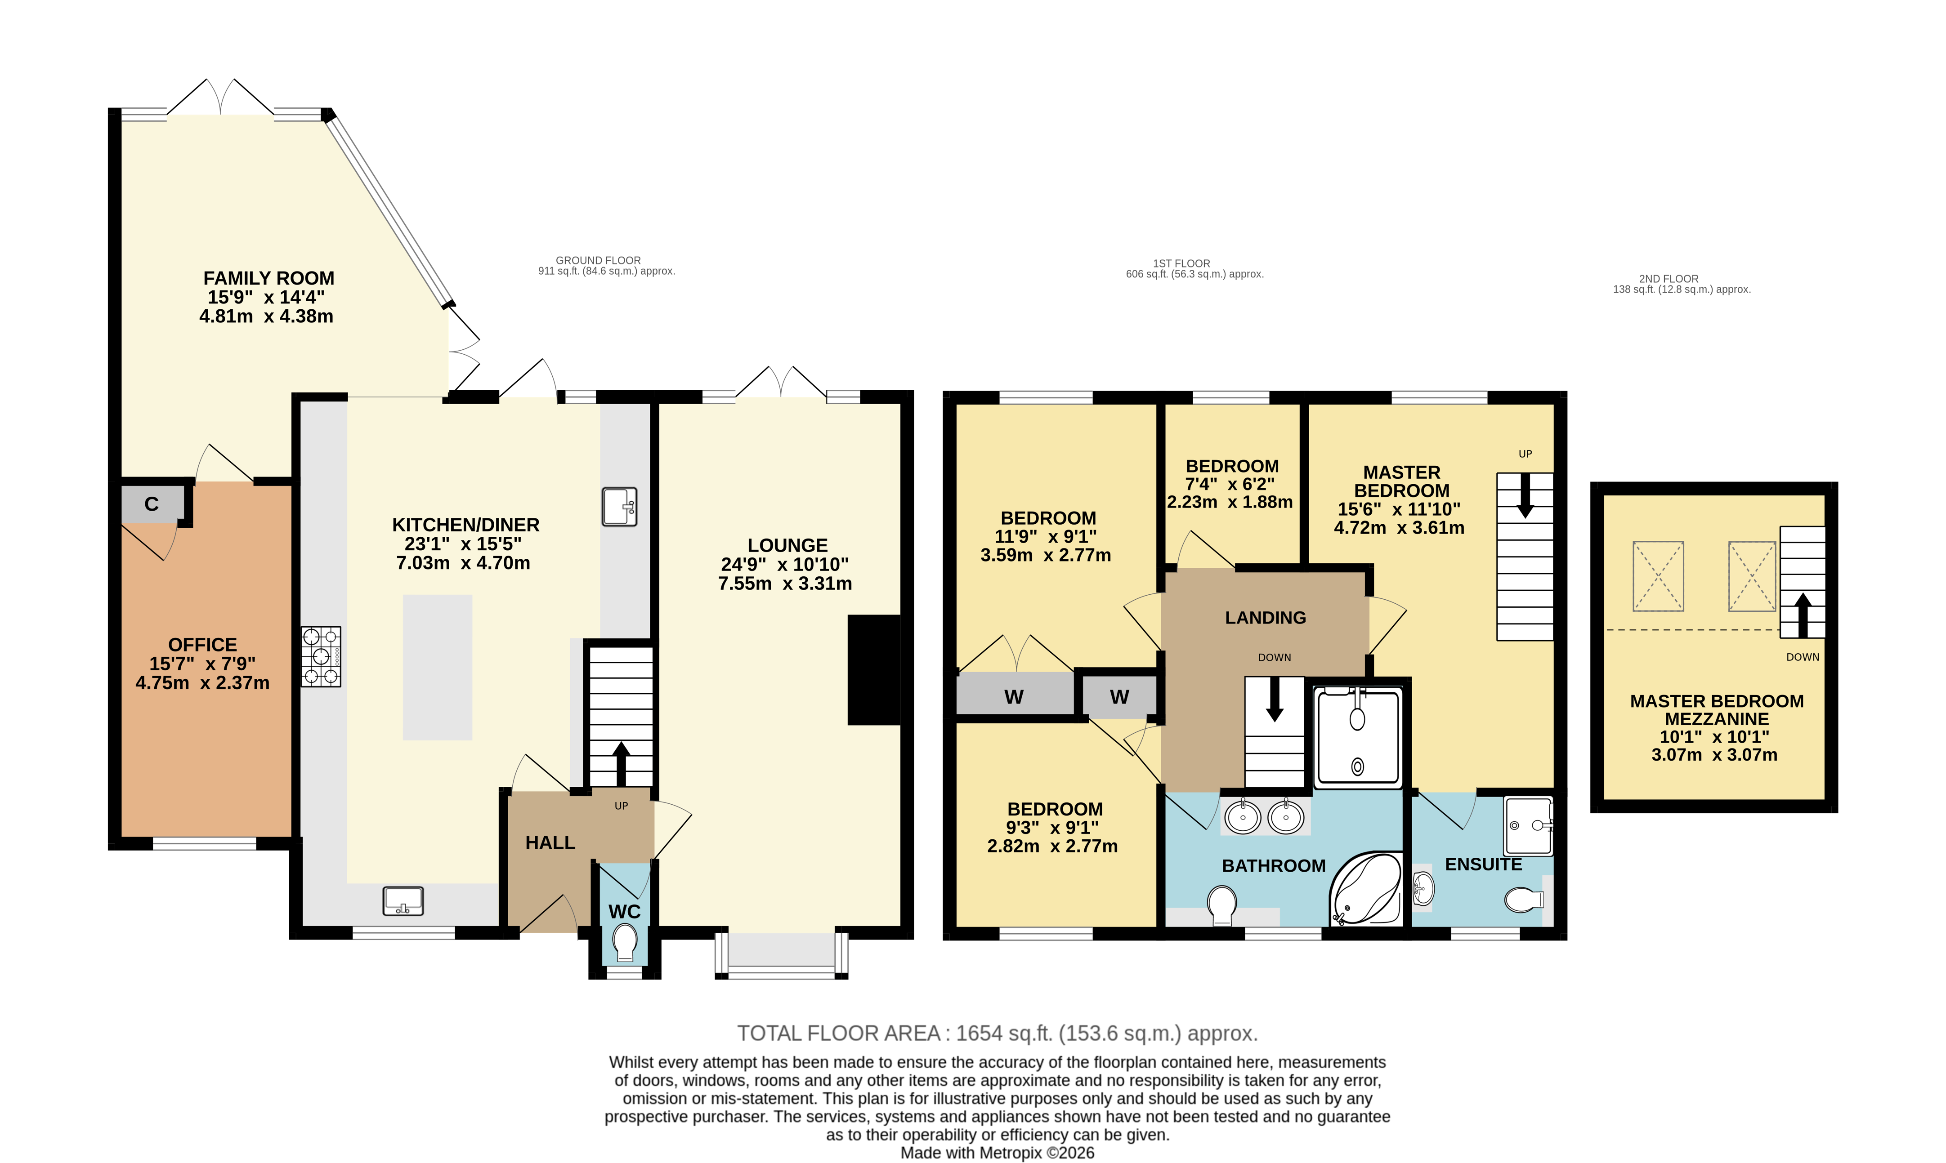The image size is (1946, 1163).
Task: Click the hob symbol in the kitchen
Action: coord(321,657)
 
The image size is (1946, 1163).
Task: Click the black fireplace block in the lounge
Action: coord(873,670)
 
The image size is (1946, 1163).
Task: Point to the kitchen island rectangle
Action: coord(438,667)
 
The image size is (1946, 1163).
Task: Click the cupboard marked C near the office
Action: coord(152,504)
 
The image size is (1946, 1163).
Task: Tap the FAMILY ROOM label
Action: coord(269,278)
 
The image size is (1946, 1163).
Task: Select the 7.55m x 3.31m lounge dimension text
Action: coord(785,583)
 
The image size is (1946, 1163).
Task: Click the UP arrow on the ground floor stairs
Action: coord(621,764)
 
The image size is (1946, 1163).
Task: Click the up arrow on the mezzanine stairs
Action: coord(1803,615)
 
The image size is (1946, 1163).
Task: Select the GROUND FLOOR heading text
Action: coord(598,260)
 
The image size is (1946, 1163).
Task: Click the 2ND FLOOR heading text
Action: coord(1669,278)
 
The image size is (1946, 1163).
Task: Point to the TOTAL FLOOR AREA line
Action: coord(998,1034)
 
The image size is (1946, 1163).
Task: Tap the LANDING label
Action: coord(1266,618)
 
